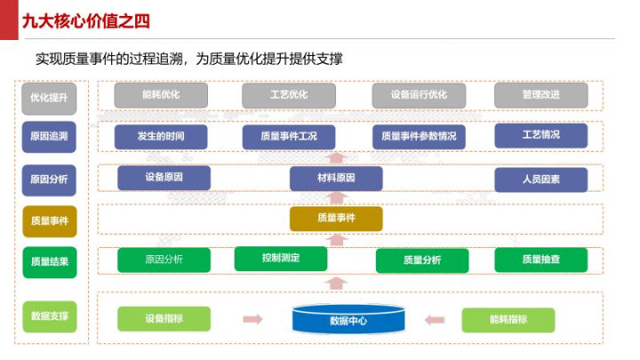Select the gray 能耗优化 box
coord(161,95)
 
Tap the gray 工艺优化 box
coord(288,95)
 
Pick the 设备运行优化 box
coord(419,95)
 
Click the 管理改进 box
coord(540,95)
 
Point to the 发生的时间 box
coord(161,136)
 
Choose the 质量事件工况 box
coord(288,136)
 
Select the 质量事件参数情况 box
coord(419,136)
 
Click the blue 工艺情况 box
coord(540,135)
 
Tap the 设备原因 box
coord(164,178)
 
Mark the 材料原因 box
coord(336,179)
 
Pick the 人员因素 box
coord(540,180)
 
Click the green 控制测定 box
coord(281,259)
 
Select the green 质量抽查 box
coord(540,260)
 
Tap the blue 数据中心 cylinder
coord(348,320)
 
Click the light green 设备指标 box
coord(164,318)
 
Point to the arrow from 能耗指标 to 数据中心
coord(435,319)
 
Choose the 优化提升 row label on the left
coord(50,97)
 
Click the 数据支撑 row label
coord(50,316)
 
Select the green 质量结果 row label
coord(50,262)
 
